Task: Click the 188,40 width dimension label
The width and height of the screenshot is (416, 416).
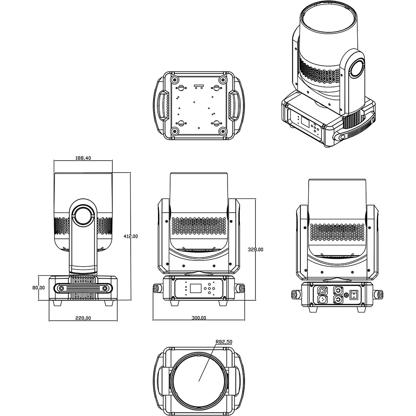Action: [83, 158]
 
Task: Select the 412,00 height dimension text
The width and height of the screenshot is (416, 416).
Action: [131, 236]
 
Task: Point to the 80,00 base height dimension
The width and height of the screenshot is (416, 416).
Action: [39, 287]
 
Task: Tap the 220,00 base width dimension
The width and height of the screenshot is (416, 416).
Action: [83, 318]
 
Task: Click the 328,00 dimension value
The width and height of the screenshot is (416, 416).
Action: [255, 249]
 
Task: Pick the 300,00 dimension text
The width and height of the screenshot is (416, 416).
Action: [198, 318]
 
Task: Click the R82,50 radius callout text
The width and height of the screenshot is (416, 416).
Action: [224, 342]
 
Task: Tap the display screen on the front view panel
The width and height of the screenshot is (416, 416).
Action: [195, 288]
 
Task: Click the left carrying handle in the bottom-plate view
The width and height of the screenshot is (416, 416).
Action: [161, 105]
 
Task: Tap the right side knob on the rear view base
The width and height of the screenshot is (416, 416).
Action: [381, 294]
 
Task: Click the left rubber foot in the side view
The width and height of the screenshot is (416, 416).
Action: [57, 303]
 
